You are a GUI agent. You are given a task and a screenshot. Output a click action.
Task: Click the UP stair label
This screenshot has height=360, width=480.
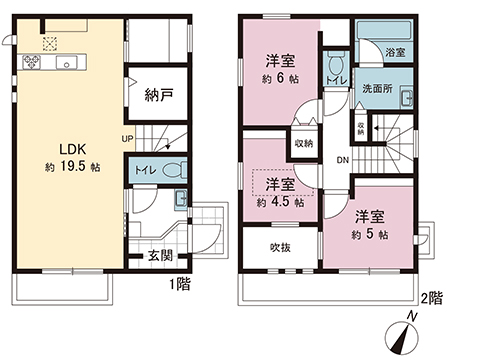coord(128,138)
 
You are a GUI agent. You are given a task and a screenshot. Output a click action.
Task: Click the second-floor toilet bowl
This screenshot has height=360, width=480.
coord(335,62)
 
